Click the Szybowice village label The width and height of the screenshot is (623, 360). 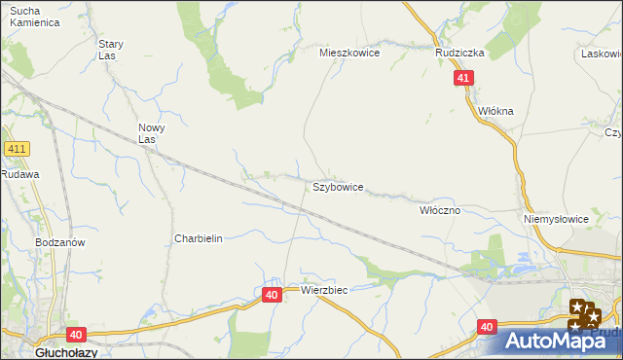[x=338, y=187]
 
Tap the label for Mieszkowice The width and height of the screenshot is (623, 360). [x=349, y=54]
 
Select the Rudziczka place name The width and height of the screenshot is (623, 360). [x=459, y=54]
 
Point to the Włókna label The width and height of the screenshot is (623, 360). [x=495, y=111]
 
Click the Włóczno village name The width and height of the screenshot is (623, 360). [x=439, y=210]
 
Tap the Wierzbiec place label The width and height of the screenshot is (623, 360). [x=324, y=290]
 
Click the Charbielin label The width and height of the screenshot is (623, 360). [x=199, y=238]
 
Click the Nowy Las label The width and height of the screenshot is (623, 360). [x=151, y=133]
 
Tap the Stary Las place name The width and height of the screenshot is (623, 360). [x=110, y=50]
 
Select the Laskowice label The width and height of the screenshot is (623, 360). [x=602, y=54]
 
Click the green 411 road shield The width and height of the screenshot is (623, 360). [x=17, y=149]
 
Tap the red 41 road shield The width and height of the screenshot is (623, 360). [x=463, y=79]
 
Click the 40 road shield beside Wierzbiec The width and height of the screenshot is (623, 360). [x=272, y=293]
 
